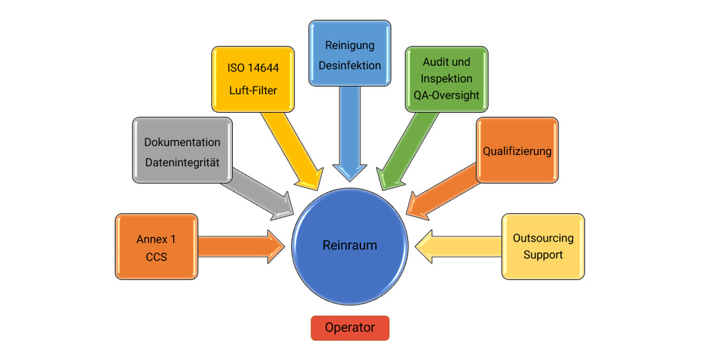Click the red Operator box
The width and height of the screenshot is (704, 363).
pos(350,328)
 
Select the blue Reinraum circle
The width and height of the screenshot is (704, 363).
pos(350,246)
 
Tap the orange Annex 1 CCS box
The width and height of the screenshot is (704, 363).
pos(156,247)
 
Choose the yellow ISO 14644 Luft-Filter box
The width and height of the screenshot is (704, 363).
pos(254,78)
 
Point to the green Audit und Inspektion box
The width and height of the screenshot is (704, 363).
pos(446,79)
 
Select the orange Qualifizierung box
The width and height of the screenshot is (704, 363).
pos(517,150)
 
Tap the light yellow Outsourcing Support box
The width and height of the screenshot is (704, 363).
pos(543,246)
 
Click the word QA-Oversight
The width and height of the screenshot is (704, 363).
pos(446,95)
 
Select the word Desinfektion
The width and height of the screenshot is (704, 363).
pos(350,65)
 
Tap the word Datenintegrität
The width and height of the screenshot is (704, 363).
pos(182,162)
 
